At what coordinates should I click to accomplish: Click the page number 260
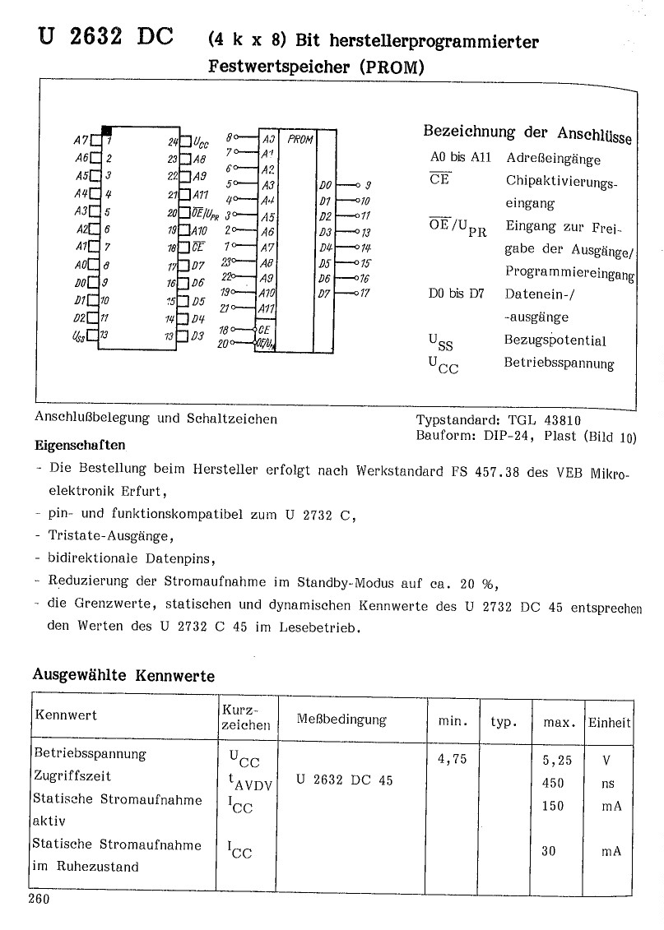coord(39,899)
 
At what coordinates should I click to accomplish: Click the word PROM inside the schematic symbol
coord(300,140)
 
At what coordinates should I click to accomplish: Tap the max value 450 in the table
coord(553,783)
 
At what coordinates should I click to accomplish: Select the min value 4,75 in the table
coord(453,759)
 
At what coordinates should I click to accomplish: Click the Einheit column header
coord(609,723)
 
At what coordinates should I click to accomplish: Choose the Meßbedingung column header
coord(341,719)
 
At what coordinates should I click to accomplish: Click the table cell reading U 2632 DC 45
coord(344,780)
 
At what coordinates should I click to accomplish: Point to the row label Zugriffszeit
coord(72,775)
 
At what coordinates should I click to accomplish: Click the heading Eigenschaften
coord(80,446)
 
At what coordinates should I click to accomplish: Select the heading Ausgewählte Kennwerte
coord(123,676)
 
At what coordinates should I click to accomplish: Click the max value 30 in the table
coord(549,851)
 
